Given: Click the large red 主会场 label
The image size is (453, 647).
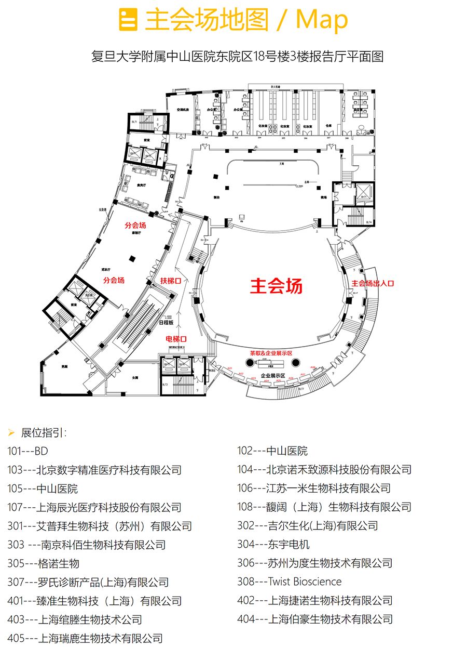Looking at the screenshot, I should click(x=276, y=286).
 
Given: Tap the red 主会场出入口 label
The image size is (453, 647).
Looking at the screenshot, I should click(x=373, y=284).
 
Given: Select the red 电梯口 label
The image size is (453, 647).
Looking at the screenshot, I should click(x=176, y=339).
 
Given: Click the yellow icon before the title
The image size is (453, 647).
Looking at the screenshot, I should click(x=128, y=20).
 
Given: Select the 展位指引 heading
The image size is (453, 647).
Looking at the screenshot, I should click(x=44, y=432).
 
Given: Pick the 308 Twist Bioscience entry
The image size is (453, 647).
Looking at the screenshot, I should click(x=289, y=582).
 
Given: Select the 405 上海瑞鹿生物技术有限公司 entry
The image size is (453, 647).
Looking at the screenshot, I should click(x=85, y=638).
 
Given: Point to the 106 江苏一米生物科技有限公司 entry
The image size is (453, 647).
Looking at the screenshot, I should click(x=313, y=488).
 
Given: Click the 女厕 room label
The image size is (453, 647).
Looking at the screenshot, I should click(x=134, y=377).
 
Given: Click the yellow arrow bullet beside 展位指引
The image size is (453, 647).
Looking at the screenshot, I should click(x=11, y=432).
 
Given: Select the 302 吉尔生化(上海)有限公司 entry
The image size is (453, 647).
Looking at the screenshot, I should click(x=307, y=525).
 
